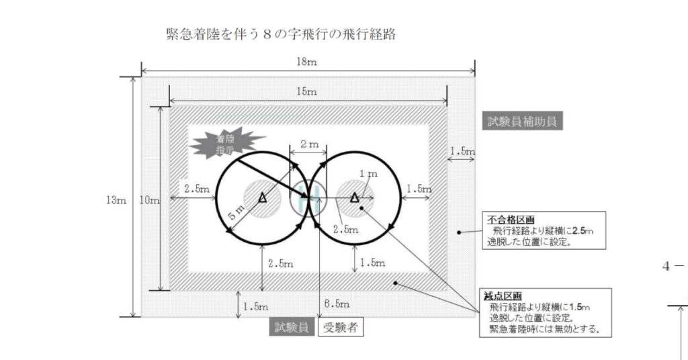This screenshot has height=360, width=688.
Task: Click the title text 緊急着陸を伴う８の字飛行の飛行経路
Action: (x=280, y=34)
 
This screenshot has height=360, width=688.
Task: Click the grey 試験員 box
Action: (x=291, y=328)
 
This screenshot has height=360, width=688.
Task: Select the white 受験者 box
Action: (x=340, y=328)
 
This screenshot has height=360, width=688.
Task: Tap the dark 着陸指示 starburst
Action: (x=220, y=144)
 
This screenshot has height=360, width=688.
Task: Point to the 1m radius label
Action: (x=369, y=174)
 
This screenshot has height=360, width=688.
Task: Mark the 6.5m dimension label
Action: (x=337, y=303)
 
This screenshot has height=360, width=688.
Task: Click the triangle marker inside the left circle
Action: (x=262, y=197)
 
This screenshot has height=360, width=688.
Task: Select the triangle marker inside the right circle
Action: (x=355, y=197)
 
